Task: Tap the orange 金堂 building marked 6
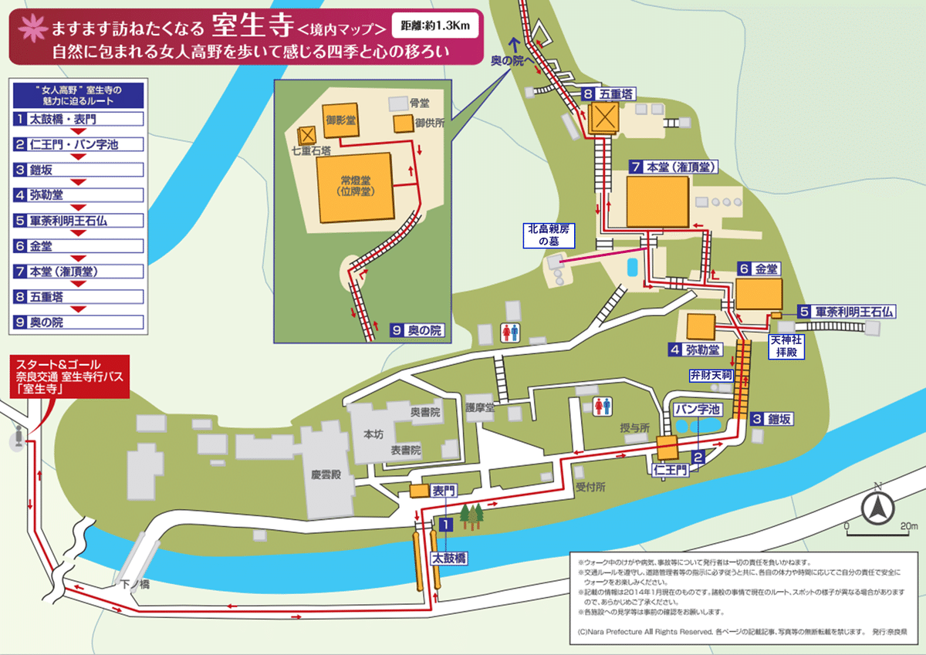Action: pos(759,293)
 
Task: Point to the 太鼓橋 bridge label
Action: pos(448,556)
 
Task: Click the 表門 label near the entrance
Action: pos(444,490)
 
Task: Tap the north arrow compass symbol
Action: pos(877,507)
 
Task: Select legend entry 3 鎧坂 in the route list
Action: pos(77,170)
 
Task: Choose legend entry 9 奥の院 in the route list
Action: pos(77,322)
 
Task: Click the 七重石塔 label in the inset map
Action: pos(308,151)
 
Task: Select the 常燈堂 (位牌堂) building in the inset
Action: pos(355,187)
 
